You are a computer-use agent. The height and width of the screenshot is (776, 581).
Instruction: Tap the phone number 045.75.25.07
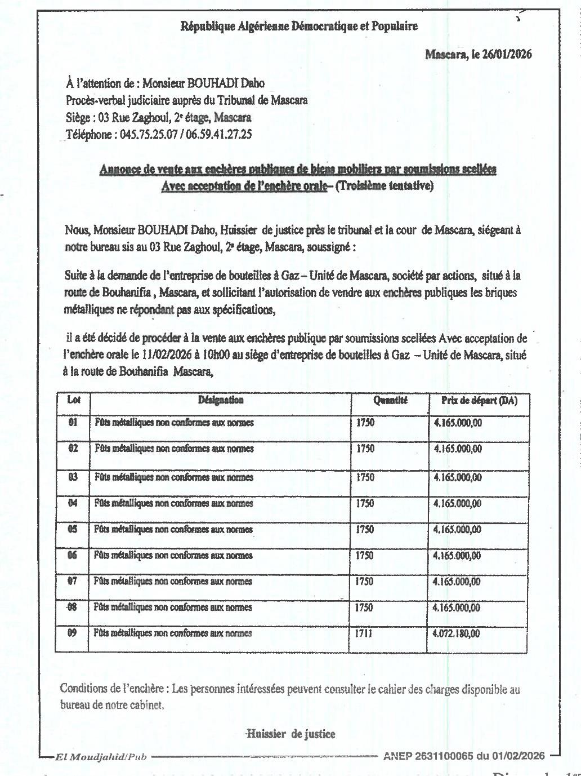[x=148, y=135]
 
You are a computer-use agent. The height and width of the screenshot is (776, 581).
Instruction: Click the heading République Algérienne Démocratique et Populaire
[x=298, y=25]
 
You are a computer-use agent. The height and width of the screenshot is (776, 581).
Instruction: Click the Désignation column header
[x=221, y=400]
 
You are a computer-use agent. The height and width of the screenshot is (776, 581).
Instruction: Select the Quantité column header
[x=390, y=401]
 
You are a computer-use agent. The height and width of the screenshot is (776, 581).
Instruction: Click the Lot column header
[x=74, y=400]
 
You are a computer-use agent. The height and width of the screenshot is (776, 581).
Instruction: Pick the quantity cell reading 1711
[x=364, y=633]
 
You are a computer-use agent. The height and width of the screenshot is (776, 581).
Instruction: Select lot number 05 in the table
[x=73, y=529]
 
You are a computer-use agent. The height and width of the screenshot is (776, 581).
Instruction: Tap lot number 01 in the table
[x=73, y=422]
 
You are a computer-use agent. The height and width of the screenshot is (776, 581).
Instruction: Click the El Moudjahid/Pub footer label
[x=100, y=757]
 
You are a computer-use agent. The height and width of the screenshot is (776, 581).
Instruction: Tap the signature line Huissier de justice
[x=292, y=734]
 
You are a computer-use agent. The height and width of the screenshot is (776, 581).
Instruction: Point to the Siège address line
[x=158, y=118]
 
